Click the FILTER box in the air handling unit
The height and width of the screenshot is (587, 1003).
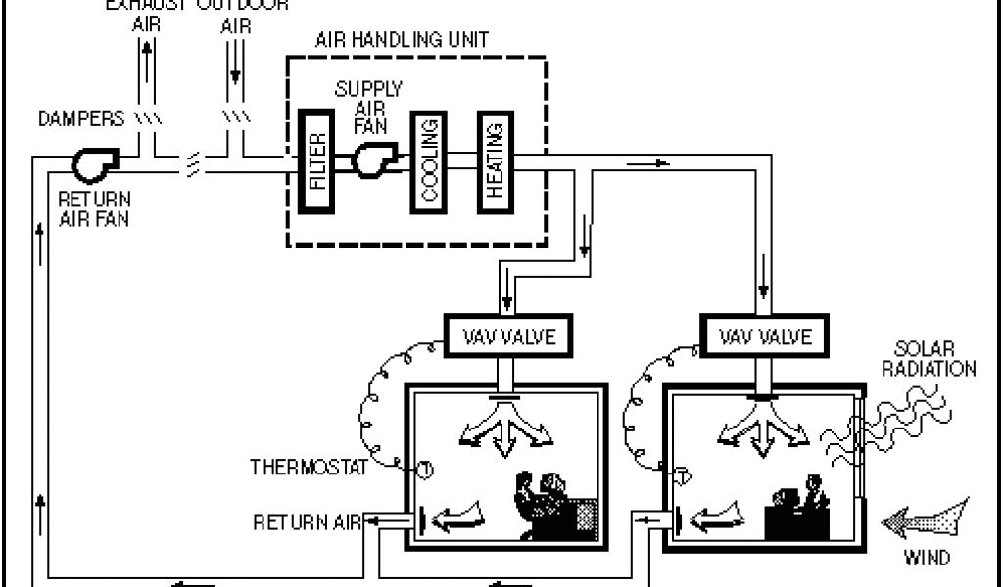pyautogui.click(x=318, y=160)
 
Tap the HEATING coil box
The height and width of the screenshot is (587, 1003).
pyautogui.click(x=495, y=161)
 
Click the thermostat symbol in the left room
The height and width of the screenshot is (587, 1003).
pyautogui.click(x=426, y=470)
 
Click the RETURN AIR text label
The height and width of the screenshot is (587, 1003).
pyautogui.click(x=308, y=521)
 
